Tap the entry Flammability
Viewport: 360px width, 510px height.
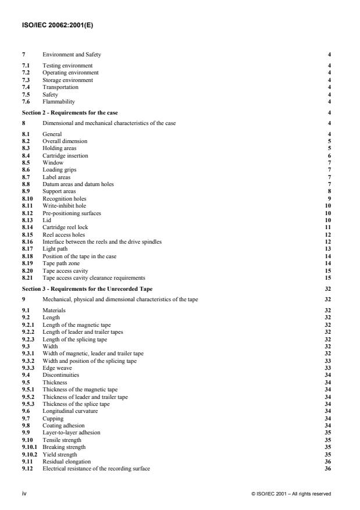click(59, 102)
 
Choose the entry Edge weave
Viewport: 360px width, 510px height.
click(58, 361)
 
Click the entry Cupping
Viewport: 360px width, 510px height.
click(53, 418)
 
